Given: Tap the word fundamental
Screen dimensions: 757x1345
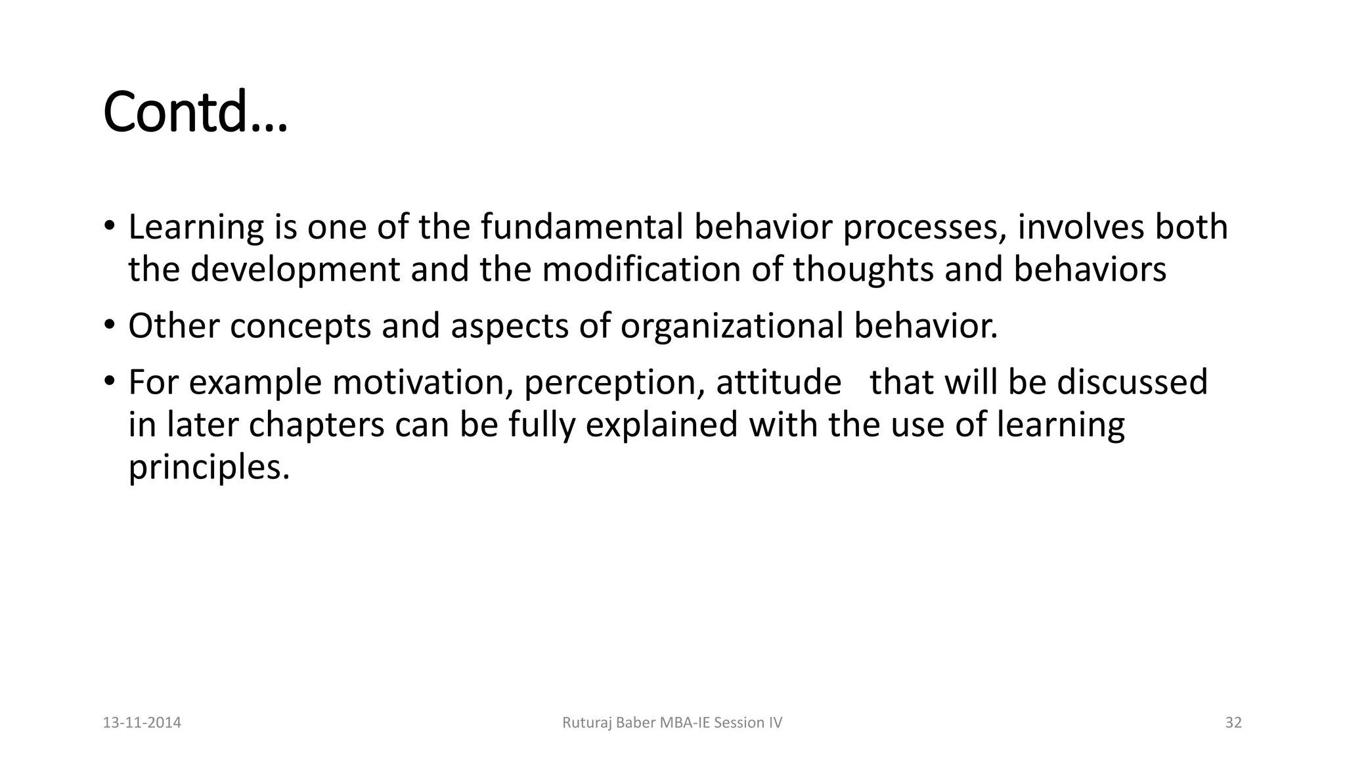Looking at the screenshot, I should (x=581, y=227).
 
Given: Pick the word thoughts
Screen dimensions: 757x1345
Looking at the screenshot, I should (x=863, y=270).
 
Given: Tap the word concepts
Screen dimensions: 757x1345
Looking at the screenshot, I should (x=300, y=327).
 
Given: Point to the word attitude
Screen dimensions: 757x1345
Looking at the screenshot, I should (x=778, y=382).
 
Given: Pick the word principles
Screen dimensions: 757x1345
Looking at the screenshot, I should (x=209, y=468).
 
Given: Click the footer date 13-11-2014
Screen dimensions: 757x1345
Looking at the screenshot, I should (x=142, y=723).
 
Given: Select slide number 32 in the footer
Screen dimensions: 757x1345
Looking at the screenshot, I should (x=1233, y=723).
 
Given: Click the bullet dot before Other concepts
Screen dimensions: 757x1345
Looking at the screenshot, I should (x=109, y=325).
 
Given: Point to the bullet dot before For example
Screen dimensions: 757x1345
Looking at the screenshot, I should (x=109, y=381).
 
